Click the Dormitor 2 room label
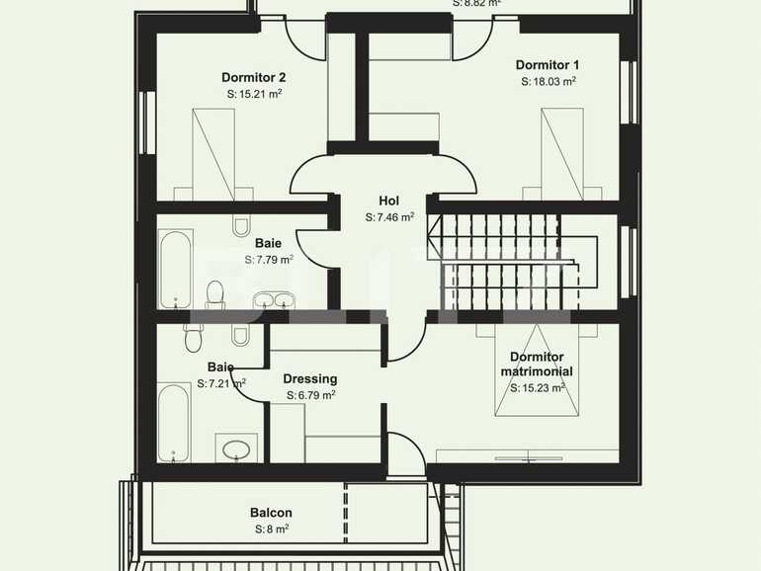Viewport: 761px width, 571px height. click(253, 77)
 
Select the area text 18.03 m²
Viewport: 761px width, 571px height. click(549, 82)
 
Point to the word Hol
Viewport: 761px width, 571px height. click(388, 200)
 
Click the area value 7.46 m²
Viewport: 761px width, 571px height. click(388, 216)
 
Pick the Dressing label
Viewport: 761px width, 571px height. click(309, 378)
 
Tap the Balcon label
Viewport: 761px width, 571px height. click(270, 513)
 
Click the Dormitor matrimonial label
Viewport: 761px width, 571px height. click(537, 364)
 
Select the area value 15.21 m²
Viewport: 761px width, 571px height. click(254, 94)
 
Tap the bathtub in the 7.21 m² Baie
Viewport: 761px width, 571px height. click(173, 423)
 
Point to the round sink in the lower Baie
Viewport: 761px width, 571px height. click(237, 449)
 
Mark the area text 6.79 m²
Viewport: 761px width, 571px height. click(310, 395)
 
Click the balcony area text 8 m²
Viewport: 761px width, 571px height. click(270, 530)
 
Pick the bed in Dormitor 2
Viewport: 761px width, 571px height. click(213, 154)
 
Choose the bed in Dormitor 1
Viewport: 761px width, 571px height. click(561, 152)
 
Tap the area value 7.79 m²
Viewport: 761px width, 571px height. click(269, 260)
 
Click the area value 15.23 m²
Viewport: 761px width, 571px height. click(538, 388)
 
